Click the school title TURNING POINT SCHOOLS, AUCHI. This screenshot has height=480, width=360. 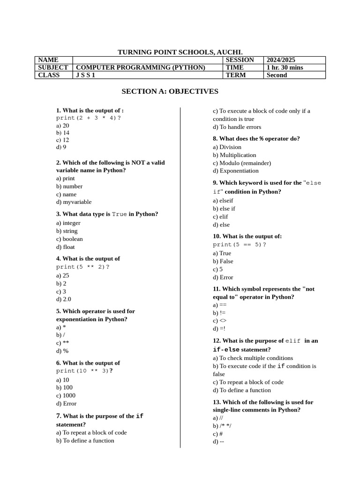tap(180, 52)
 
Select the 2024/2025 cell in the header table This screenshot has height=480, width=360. tap(281, 60)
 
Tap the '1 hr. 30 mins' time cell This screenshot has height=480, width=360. tap(285, 67)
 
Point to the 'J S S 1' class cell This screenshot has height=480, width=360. tap(85, 75)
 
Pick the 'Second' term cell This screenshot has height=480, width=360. tap(277, 75)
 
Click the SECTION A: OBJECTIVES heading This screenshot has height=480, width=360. tap(170, 91)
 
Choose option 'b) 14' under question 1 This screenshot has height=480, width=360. tap(63, 133)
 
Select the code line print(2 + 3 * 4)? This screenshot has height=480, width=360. tap(89, 118)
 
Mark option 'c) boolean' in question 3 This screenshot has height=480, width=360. tap(69, 239)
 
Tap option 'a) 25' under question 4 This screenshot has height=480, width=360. tap(63, 275)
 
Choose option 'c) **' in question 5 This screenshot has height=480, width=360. tap(63, 343)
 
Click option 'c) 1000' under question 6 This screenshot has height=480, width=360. tap(66, 395)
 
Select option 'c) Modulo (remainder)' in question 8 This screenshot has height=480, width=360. tap(242, 163)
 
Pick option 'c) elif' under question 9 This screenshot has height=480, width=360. tap(220, 217)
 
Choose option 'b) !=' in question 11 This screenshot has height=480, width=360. tap(219, 313)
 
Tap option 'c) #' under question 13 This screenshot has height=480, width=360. tap(217, 434)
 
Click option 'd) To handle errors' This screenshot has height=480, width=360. tap(237, 127)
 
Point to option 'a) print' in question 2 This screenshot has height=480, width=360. tap(66, 178)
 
